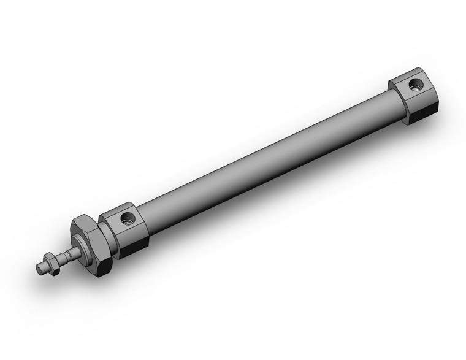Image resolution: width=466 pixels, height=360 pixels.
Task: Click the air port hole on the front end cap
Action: (x=128, y=218)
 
